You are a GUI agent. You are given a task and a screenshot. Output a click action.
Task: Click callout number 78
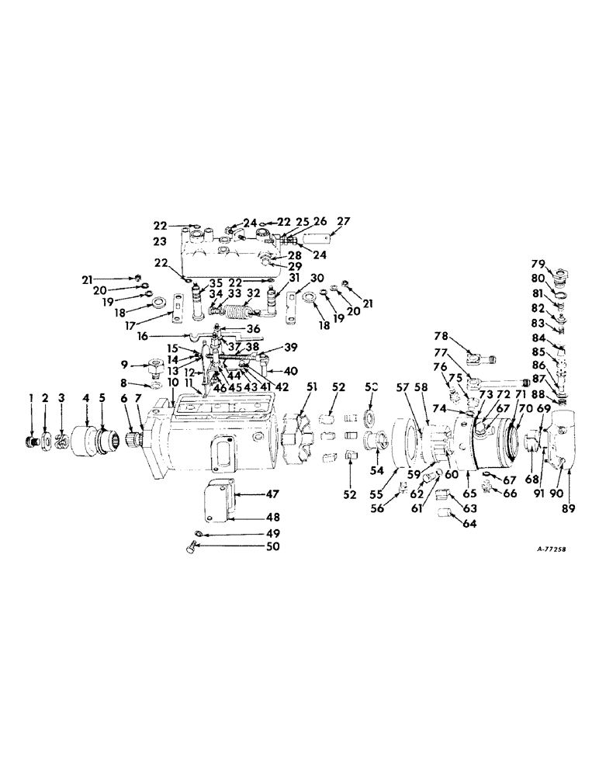[x=441, y=358]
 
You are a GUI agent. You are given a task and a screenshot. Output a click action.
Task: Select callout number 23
[x=159, y=241]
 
